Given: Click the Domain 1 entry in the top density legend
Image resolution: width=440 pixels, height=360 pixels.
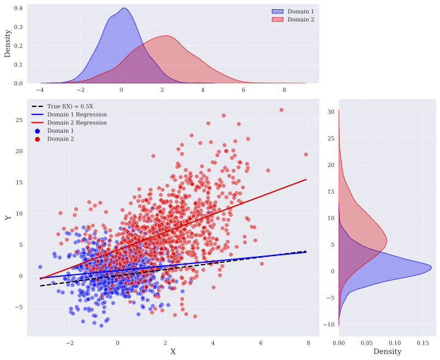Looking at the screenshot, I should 300,12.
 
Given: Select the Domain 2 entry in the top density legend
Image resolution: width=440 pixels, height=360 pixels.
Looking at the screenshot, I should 300,19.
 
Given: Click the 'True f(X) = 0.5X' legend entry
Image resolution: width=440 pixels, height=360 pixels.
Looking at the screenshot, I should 71,106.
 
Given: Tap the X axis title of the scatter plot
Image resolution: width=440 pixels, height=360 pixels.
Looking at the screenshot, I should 173,351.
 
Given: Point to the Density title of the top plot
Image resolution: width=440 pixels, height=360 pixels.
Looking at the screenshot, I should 8,45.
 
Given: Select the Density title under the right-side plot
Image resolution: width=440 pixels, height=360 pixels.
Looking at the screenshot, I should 387,351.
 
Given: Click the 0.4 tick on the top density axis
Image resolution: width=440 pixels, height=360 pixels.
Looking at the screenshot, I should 19,9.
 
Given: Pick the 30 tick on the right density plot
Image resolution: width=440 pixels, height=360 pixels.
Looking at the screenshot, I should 329,112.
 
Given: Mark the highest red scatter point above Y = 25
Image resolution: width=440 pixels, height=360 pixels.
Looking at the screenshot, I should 282,110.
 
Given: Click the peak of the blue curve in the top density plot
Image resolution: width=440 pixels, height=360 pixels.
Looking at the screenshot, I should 124,8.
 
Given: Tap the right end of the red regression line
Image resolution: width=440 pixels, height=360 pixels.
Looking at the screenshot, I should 306,179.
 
